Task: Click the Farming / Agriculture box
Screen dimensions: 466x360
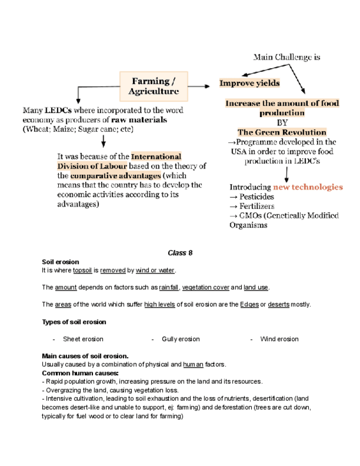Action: click(154, 86)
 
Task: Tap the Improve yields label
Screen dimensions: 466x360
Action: click(250, 84)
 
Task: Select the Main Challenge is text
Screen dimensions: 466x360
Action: click(286, 57)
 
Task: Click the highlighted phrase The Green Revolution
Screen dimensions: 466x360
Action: click(281, 132)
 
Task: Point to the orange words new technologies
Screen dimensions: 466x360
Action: click(308, 187)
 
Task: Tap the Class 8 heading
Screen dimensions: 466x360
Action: click(180, 253)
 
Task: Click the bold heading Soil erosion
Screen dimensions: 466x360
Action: click(60, 262)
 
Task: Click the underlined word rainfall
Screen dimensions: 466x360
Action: click(169, 287)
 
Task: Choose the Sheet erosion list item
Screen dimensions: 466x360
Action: click(83, 339)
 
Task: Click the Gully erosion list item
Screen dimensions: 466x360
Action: click(181, 339)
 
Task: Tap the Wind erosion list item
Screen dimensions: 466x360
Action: click(279, 339)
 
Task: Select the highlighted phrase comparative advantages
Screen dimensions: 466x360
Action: click(115, 176)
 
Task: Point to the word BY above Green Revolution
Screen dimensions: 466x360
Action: click(282, 123)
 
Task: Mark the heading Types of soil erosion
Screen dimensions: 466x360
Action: click(74, 322)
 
